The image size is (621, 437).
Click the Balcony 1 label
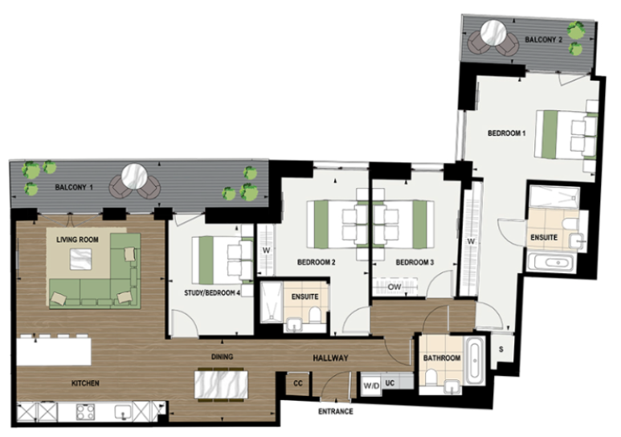(x=74, y=187)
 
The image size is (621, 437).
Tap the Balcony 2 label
(x=543, y=39)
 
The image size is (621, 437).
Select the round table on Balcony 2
(x=493, y=32)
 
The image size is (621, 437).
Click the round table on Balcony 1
(x=135, y=177)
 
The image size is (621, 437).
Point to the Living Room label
(x=77, y=239)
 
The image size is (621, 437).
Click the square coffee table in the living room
(x=81, y=259)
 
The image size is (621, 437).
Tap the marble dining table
(x=222, y=385)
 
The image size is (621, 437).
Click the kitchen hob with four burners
(x=85, y=412)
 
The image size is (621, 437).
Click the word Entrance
(x=336, y=411)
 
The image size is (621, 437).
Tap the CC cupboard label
(x=298, y=383)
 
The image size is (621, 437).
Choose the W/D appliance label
(x=371, y=386)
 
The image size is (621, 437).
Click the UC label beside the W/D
(x=390, y=383)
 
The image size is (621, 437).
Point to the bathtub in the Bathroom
(x=475, y=360)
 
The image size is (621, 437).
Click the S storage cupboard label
(x=501, y=349)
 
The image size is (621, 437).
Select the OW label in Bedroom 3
(x=394, y=287)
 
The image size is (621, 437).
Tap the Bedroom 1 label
(x=507, y=133)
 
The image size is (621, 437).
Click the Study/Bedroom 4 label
(x=212, y=292)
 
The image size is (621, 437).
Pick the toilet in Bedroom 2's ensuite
(x=315, y=317)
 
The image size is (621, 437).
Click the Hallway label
(x=330, y=358)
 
